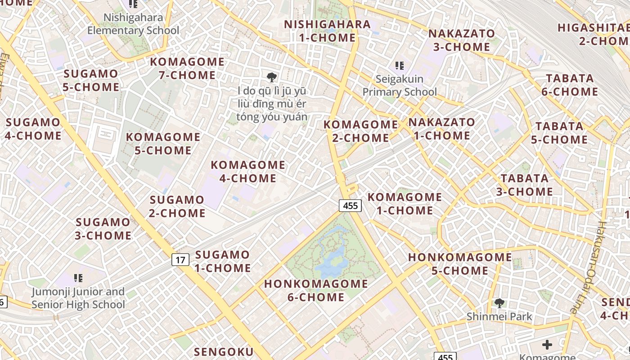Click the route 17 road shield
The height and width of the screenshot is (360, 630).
pyautogui.click(x=180, y=260)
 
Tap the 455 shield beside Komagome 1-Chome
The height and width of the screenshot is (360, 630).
pyautogui.click(x=350, y=206)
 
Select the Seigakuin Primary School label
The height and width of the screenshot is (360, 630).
pyautogui.click(x=400, y=85)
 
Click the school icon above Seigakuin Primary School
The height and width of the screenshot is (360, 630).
pyautogui.click(x=399, y=66)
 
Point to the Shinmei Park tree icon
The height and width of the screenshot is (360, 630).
pyautogui.click(x=499, y=303)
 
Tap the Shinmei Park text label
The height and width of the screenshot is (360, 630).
pyautogui.click(x=499, y=316)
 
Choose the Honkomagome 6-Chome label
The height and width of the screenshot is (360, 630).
pyautogui.click(x=316, y=290)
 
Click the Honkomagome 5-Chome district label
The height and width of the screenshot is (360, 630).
pyautogui.click(x=460, y=264)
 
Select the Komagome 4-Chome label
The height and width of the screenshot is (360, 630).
pyautogui.click(x=248, y=171)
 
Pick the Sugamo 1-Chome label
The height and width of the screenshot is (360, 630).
pyautogui.click(x=222, y=261)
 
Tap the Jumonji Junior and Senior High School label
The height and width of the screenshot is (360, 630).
pyautogui.click(x=78, y=298)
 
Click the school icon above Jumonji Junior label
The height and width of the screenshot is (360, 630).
pyautogui.click(x=78, y=278)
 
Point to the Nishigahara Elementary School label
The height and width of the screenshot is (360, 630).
pyautogui.click(x=133, y=24)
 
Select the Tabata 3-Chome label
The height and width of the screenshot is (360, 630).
pyautogui.click(x=525, y=185)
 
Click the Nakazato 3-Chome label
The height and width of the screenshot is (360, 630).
pyautogui.click(x=461, y=40)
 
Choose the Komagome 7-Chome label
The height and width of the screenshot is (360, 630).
pyautogui.click(x=187, y=68)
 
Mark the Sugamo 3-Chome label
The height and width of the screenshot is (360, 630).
pyautogui.click(x=103, y=229)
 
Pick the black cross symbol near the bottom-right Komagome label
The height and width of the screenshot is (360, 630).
pyautogui.click(x=547, y=345)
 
